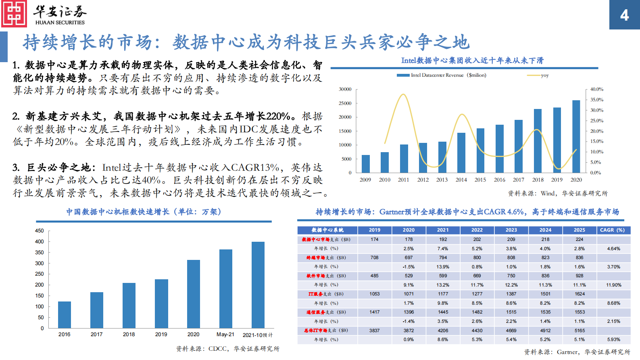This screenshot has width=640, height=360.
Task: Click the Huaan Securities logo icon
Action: click(14, 14)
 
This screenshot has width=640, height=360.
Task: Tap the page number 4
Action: click(624, 15)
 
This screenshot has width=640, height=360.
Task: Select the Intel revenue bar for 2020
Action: click(576, 136)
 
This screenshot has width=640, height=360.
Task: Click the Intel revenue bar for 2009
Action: click(365, 164)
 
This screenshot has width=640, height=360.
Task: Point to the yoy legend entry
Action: click(538, 75)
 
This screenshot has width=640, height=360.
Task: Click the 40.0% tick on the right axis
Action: click(596, 89)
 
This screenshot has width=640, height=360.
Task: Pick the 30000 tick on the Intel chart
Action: click(345, 89)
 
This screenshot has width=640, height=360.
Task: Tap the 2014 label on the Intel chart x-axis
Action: click(461, 180)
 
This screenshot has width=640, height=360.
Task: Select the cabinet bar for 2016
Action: click(65, 314)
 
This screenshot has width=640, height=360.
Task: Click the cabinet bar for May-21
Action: click(225, 289)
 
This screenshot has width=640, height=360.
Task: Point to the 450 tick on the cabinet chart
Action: click(40, 231)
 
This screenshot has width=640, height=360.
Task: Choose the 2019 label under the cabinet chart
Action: click(161, 335)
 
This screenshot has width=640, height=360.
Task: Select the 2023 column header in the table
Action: click(511, 230)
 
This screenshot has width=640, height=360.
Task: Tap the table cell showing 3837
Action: click(374, 331)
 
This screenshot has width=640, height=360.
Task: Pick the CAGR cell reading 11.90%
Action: click(613, 285)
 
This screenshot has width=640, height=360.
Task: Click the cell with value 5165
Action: click(580, 331)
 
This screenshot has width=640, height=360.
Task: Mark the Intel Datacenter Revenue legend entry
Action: click(442, 75)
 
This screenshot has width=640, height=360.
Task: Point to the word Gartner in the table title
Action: click(392, 212)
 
